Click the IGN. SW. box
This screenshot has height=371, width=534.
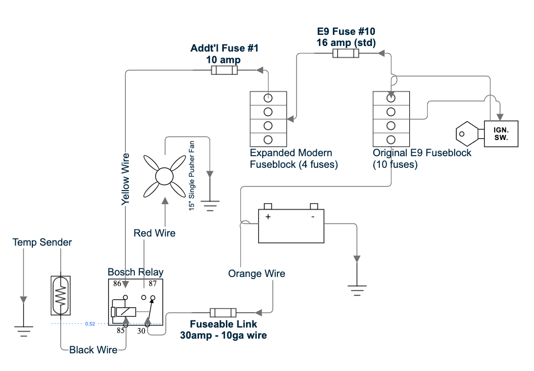pyautogui.click(x=501, y=134)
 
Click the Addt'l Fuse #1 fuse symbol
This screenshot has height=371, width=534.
pyautogui.click(x=224, y=70)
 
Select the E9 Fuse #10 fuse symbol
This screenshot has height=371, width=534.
pyautogui.click(x=346, y=54)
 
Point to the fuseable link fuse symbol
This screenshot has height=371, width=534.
pyautogui.click(x=223, y=312)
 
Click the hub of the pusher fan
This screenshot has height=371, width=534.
pyautogui.click(x=164, y=176)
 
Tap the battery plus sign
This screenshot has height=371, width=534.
pyautogui.click(x=268, y=217)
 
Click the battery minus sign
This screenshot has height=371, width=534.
pyautogui.click(x=313, y=217)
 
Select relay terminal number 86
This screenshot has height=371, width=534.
pyautogui.click(x=117, y=284)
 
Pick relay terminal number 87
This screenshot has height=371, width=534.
pyautogui.click(x=153, y=284)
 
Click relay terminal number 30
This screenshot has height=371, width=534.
pyautogui.click(x=141, y=331)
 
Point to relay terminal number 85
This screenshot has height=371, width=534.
pyautogui.click(x=121, y=331)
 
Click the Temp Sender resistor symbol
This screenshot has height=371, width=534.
pyautogui.click(x=61, y=295)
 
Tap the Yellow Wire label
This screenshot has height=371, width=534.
pyautogui.click(x=125, y=179)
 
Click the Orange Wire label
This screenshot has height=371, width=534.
pyautogui.click(x=257, y=273)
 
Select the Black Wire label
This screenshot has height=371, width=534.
pyautogui.click(x=93, y=350)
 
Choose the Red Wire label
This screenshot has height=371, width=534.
pyautogui.click(x=154, y=233)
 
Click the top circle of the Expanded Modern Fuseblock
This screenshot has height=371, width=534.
pyautogui.click(x=268, y=98)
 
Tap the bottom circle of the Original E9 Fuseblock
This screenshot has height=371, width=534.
pyautogui.click(x=391, y=140)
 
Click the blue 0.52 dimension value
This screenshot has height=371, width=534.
pyautogui.click(x=90, y=323)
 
